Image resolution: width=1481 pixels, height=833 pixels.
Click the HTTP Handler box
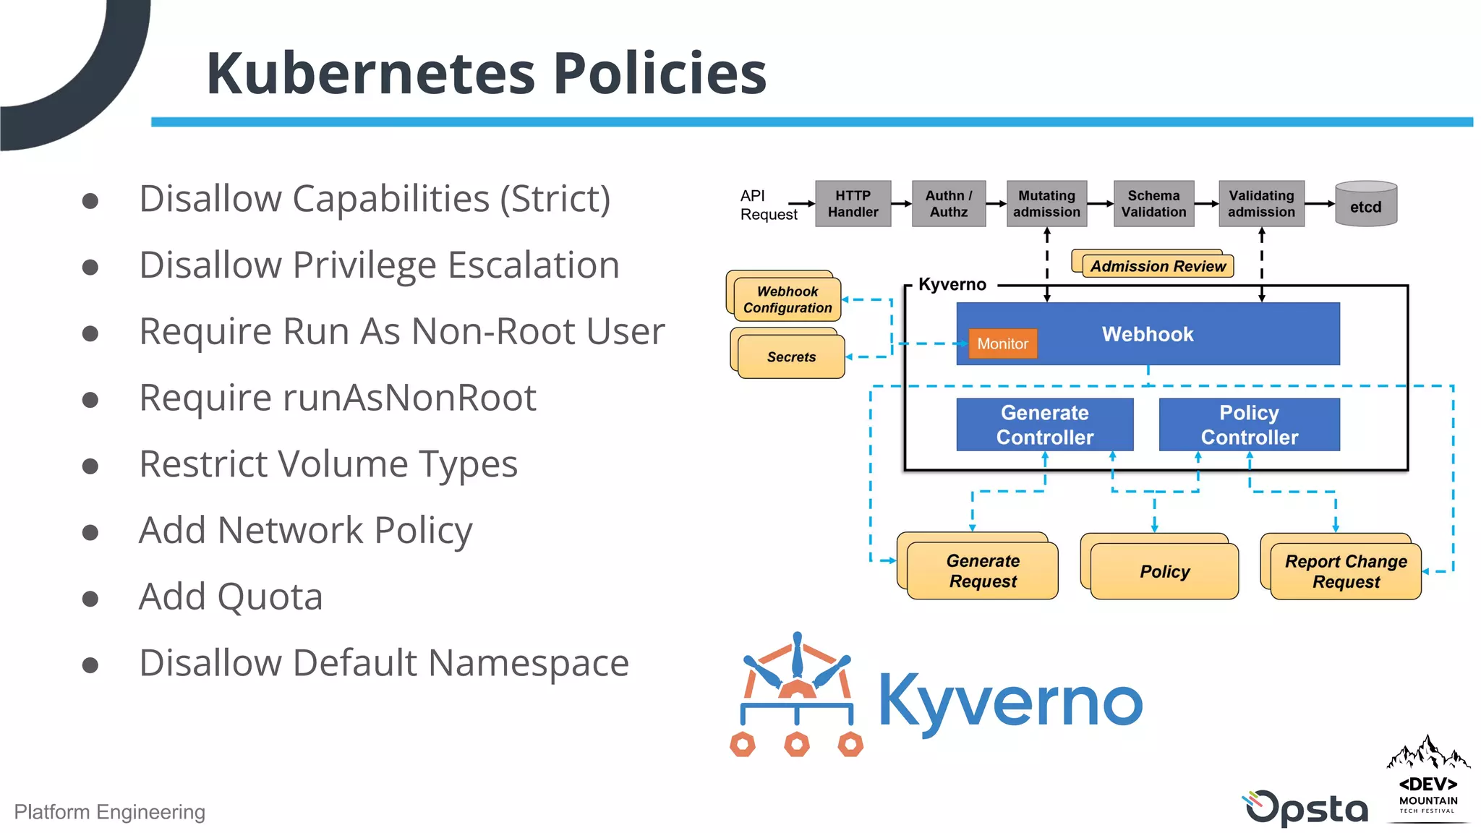(x=853, y=204)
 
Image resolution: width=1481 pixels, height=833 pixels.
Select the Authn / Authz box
(x=948, y=204)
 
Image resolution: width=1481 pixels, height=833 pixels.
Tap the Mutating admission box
(x=1046, y=204)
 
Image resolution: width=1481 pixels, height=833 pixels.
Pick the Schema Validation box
(x=1153, y=204)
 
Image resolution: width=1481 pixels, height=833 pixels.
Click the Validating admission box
(x=1261, y=204)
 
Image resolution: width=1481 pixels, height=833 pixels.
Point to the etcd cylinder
(x=1365, y=205)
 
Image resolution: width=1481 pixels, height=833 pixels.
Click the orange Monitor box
(x=1002, y=343)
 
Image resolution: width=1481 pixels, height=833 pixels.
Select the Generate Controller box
(x=1044, y=424)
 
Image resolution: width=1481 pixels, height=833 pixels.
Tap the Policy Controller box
(x=1249, y=424)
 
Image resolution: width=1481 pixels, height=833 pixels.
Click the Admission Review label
(x=1157, y=266)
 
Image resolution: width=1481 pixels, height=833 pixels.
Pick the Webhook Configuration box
(x=787, y=299)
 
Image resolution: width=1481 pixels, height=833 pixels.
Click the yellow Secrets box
(x=790, y=356)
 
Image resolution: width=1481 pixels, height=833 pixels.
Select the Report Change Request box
(x=1345, y=571)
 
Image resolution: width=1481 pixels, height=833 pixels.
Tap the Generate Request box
(x=982, y=571)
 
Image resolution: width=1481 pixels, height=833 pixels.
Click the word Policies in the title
(x=659, y=74)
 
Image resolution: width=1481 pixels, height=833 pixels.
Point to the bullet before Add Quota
(x=90, y=599)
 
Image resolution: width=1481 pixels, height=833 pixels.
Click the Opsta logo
(x=1306, y=808)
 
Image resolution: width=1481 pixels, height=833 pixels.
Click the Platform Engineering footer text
(x=110, y=812)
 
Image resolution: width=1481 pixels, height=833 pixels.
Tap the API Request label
(x=767, y=205)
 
